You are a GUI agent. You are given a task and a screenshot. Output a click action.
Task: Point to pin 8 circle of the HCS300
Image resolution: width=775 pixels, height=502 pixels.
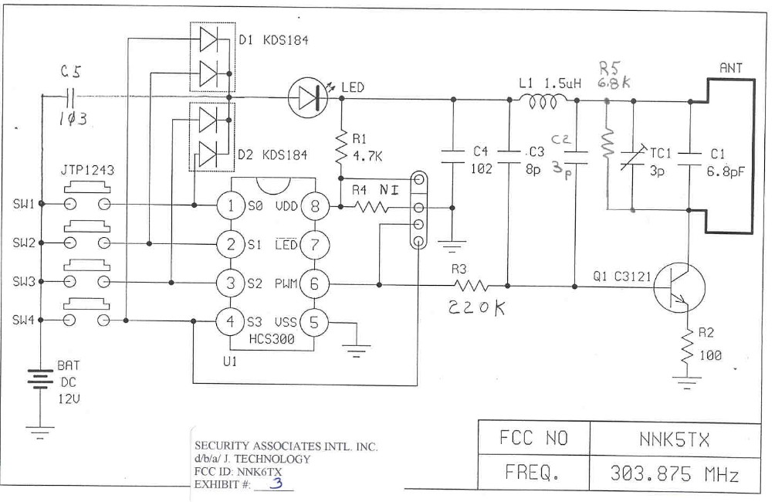[x=314, y=206]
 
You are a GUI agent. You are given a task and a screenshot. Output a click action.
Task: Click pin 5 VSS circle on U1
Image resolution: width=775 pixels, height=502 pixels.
[x=314, y=323]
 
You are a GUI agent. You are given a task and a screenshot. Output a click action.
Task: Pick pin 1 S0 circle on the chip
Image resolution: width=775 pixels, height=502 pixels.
[x=230, y=206]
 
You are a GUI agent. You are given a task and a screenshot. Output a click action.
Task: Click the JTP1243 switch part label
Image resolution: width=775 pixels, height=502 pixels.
[x=87, y=170]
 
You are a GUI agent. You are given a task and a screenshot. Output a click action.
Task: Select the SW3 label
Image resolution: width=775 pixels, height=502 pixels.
[x=23, y=282]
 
